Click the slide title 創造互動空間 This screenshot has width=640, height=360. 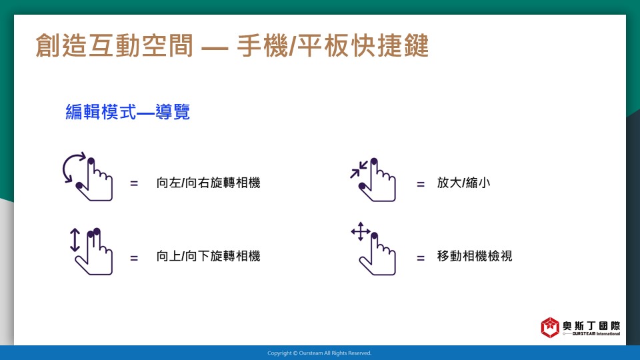(114, 45)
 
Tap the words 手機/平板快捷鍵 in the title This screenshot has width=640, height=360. (333, 45)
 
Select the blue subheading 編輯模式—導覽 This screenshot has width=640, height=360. (128, 112)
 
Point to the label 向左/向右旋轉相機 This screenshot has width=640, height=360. (208, 183)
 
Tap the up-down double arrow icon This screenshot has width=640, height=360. (75, 239)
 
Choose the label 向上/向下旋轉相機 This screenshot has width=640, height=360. (208, 256)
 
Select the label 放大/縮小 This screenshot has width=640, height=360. (463, 183)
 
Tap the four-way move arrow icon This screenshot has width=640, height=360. (361, 231)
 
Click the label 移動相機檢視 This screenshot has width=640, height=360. (474, 256)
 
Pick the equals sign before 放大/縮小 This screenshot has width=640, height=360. (421, 185)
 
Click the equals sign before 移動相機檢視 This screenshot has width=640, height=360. (421, 258)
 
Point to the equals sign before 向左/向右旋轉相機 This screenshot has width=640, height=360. (134, 184)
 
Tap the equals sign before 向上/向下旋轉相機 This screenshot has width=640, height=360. (134, 258)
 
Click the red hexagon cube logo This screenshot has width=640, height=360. (550, 327)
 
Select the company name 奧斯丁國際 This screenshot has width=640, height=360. (591, 326)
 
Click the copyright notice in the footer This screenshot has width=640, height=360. (319, 353)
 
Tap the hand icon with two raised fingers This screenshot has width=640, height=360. (94, 251)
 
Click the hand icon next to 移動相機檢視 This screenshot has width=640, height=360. (377, 254)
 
